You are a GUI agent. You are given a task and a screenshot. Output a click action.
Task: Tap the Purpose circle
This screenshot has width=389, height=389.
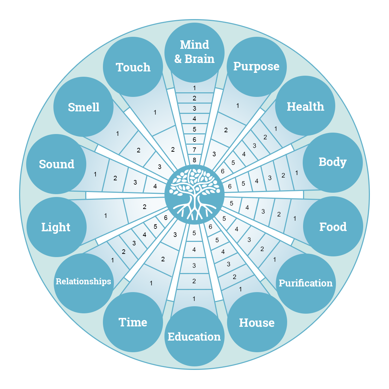(256, 66)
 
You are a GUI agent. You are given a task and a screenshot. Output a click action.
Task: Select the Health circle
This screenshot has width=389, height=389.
(305, 106)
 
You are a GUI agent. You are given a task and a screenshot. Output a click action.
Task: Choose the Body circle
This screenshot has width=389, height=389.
(332, 162)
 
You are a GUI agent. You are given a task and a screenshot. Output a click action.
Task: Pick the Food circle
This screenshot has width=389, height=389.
(333, 226)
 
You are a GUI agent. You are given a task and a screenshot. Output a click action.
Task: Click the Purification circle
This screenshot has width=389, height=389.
(306, 283)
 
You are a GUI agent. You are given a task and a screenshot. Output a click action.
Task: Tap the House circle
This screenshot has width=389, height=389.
(257, 322)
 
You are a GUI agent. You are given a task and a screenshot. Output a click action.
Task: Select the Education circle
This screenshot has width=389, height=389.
(194, 336)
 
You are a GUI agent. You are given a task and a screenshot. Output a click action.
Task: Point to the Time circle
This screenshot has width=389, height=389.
(133, 322)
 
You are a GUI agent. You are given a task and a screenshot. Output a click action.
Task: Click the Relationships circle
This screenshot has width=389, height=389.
(83, 282)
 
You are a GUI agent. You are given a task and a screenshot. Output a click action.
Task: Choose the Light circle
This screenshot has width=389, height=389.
(56, 227)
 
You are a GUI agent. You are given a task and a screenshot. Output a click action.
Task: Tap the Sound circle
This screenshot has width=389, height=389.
(57, 164)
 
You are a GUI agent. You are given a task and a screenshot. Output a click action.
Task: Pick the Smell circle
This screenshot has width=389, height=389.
(83, 107)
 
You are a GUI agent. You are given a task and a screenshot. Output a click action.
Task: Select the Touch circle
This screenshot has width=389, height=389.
(133, 67)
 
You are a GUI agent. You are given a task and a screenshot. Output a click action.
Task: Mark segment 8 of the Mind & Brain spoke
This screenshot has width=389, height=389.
(194, 160)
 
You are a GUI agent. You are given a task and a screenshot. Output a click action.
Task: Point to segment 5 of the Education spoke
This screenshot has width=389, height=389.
(194, 233)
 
